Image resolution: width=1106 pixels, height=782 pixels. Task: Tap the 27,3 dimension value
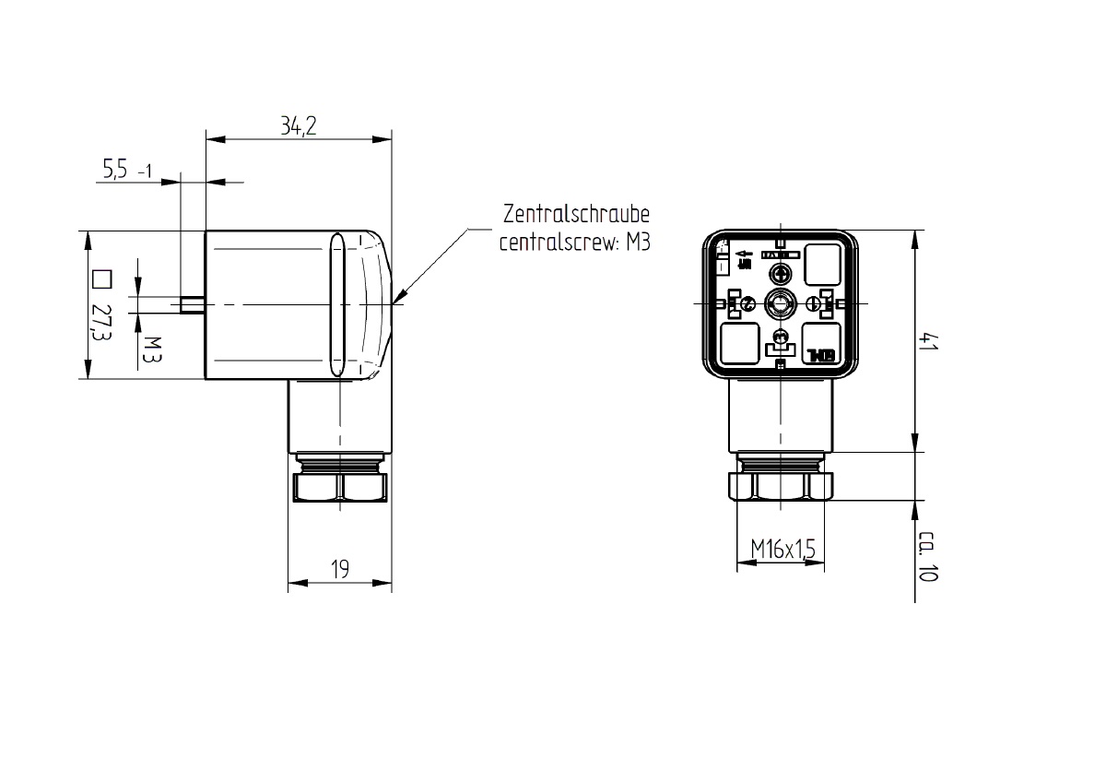[100, 323]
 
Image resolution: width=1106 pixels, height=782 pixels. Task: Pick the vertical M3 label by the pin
[150, 349]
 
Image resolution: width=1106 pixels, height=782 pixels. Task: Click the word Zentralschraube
[576, 216]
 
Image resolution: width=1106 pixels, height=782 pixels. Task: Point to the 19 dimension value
[340, 570]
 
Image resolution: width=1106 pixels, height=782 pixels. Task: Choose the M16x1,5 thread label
[782, 551]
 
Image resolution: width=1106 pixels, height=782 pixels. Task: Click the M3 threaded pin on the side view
[192, 304]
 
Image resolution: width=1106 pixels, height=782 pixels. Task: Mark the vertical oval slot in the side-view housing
[337, 305]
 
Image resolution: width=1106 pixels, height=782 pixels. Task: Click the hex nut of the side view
[340, 487]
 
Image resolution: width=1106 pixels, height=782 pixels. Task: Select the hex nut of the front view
[781, 485]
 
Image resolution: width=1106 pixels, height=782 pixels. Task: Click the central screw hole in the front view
[781, 303]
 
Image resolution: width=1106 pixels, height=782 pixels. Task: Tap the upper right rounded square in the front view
[822, 266]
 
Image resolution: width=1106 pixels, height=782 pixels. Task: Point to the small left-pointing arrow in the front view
[744, 254]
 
